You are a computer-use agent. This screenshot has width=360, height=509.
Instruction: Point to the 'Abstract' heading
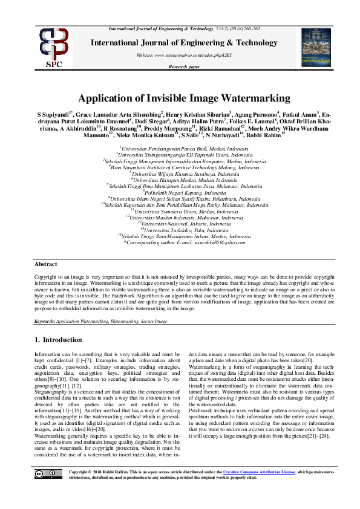pyautogui.click(x=46, y=264)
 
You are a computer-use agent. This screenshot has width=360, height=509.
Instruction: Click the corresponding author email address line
pyautogui.click(x=185, y=242)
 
